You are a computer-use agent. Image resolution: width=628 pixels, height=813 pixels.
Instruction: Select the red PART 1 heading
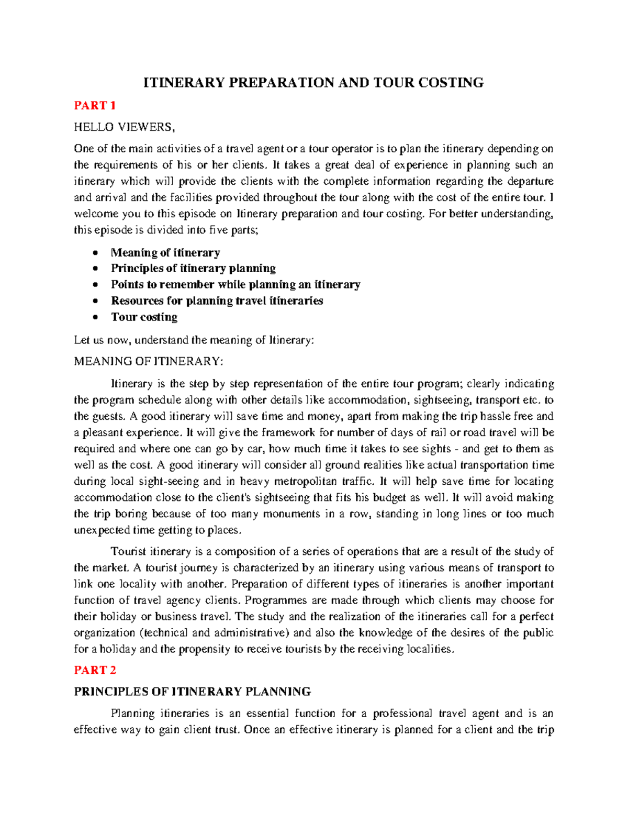click(x=95, y=106)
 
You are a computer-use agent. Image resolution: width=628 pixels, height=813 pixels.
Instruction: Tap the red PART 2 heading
click(x=95, y=670)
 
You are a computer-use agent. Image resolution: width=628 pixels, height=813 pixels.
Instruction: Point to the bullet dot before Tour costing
click(x=95, y=317)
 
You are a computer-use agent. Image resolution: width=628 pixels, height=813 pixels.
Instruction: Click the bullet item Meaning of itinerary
click(x=165, y=253)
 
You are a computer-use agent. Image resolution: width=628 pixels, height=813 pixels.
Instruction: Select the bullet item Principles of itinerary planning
click(x=193, y=269)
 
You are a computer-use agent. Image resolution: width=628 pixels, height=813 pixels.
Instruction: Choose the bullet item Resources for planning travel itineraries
click(x=217, y=301)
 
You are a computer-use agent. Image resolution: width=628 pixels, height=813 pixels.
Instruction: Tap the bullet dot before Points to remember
click(x=95, y=285)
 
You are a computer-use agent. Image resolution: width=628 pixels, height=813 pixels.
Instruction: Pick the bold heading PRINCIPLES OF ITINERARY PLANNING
click(x=192, y=692)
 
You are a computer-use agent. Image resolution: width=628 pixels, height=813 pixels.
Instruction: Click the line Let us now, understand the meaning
click(x=194, y=340)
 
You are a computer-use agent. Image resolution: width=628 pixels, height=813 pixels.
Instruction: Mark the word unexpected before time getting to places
click(x=102, y=530)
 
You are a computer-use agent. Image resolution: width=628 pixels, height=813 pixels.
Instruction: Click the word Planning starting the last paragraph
click(x=132, y=713)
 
